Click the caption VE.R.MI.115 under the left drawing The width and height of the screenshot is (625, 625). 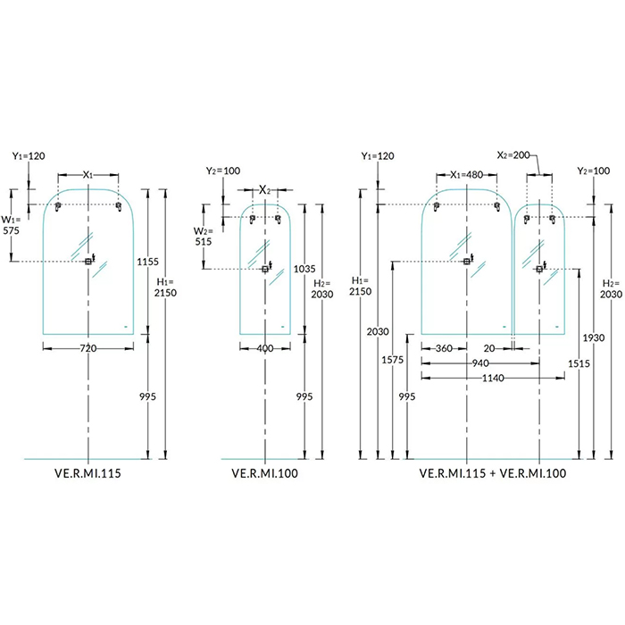click(x=87, y=474)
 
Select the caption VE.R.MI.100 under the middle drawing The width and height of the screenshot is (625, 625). click(x=264, y=474)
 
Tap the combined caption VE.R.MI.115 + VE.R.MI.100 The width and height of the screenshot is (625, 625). click(x=492, y=474)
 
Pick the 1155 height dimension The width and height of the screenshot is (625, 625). click(x=148, y=262)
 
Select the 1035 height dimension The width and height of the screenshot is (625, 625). click(x=304, y=268)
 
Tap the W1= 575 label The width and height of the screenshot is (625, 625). click(x=12, y=224)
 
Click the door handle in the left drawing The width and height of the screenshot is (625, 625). click(x=88, y=261)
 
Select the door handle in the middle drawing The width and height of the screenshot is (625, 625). click(x=265, y=269)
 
